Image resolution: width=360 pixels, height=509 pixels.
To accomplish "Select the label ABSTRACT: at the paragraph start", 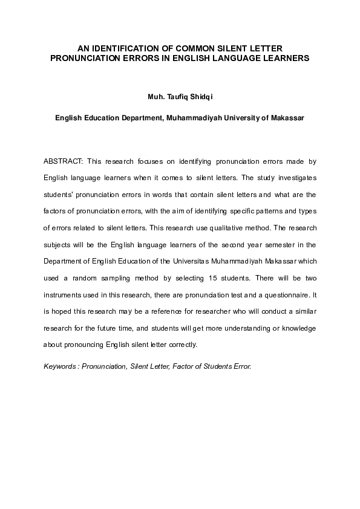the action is [x=62, y=161].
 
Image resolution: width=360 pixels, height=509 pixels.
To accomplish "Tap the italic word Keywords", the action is [x=61, y=367].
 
